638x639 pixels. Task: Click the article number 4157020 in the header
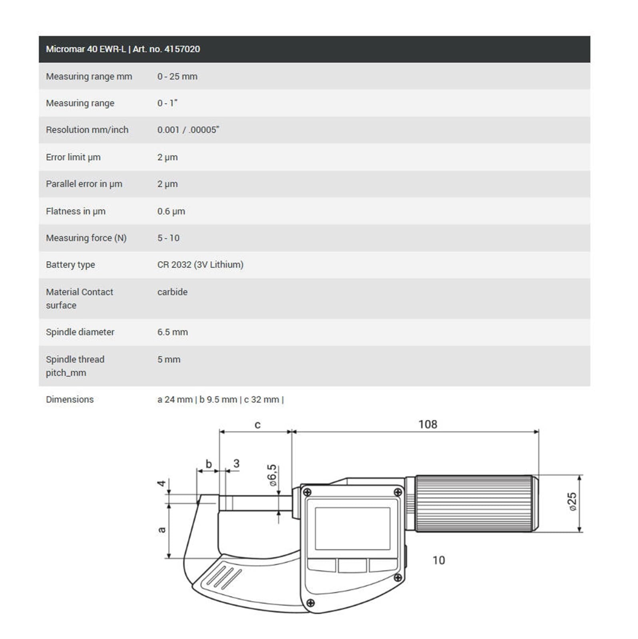[x=182, y=49]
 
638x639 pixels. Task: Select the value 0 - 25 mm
[x=177, y=76]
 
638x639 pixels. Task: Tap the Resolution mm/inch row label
[x=87, y=130]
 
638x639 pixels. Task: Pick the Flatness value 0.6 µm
[x=171, y=211]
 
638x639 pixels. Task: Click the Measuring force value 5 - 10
[x=168, y=238]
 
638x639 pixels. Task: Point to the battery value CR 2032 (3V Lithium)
[x=200, y=265]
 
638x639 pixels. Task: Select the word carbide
[x=172, y=292]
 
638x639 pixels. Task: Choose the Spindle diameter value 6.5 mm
[x=172, y=332]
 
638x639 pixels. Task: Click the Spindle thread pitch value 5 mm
[x=169, y=359]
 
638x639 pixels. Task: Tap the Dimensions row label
[x=70, y=399]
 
